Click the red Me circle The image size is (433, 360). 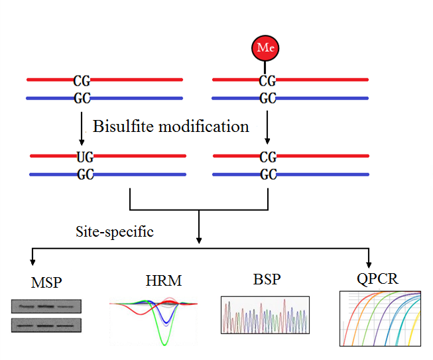[265, 48]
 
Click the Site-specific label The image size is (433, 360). [114, 232]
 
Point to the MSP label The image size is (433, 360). [46, 282]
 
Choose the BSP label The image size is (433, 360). [267, 280]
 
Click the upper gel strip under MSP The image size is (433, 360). [46, 306]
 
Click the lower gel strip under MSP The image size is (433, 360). [46, 325]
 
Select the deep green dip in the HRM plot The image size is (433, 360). [161, 337]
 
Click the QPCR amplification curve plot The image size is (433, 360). [380, 318]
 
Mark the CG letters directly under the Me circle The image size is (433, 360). [267, 81]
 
